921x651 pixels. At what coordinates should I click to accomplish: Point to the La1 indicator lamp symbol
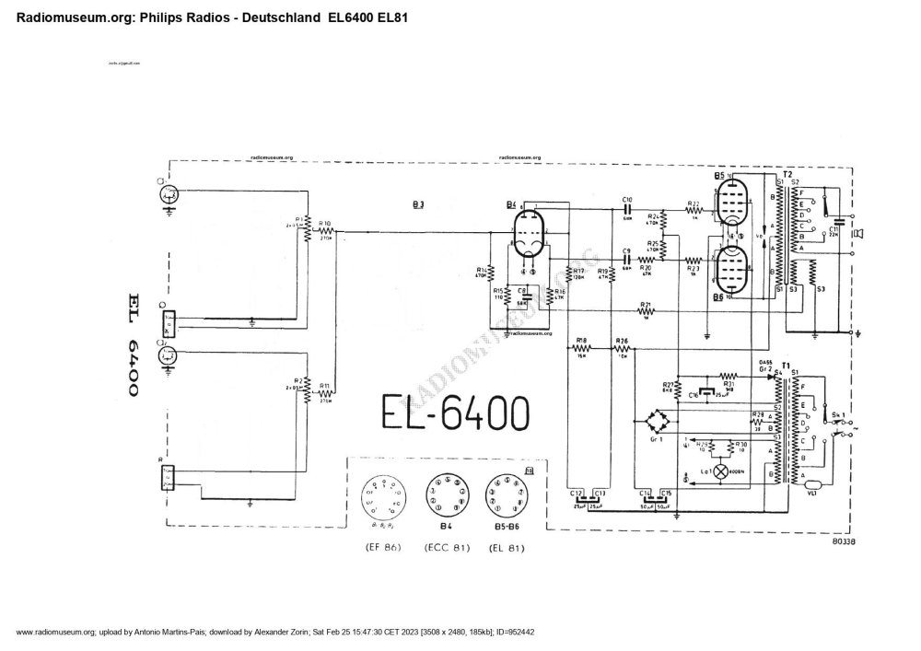tap(708, 470)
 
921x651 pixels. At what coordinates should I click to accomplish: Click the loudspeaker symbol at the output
tap(857, 235)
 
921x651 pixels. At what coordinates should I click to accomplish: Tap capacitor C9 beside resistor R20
tap(626, 261)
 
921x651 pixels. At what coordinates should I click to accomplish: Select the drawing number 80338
tap(843, 542)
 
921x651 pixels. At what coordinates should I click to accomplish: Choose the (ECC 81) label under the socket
tap(448, 548)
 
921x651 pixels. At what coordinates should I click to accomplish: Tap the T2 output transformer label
tap(787, 174)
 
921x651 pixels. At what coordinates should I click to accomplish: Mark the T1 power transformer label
tap(786, 366)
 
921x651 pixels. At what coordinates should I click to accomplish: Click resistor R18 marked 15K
tap(581, 348)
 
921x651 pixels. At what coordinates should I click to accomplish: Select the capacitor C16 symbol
tap(708, 393)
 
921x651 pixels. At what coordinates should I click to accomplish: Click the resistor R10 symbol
tap(326, 230)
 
